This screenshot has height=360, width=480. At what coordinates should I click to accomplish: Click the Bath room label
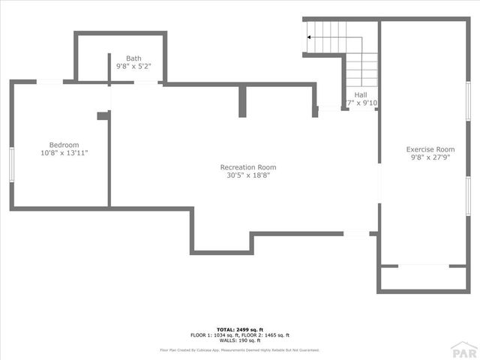(133, 58)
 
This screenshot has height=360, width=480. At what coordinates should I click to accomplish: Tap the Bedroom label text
(64, 145)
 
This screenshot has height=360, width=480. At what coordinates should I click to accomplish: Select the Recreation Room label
(247, 167)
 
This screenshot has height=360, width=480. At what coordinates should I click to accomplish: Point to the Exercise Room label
(430, 149)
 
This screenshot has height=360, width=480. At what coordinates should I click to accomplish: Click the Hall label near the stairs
(361, 95)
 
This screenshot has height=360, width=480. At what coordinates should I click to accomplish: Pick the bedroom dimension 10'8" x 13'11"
(64, 153)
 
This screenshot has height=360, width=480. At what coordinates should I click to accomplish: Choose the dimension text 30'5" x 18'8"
(247, 175)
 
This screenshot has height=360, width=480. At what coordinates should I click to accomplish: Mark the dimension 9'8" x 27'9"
(430, 157)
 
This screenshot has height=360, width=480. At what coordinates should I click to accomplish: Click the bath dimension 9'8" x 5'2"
(133, 67)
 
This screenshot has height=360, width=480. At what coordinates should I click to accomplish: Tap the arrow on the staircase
(310, 36)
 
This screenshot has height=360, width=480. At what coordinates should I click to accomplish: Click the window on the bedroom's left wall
(11, 165)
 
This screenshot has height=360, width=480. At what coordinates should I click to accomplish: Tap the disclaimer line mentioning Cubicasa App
(239, 349)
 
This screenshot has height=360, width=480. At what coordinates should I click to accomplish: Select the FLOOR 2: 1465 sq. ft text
(266, 335)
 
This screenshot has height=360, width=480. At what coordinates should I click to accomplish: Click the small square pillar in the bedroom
(102, 115)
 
